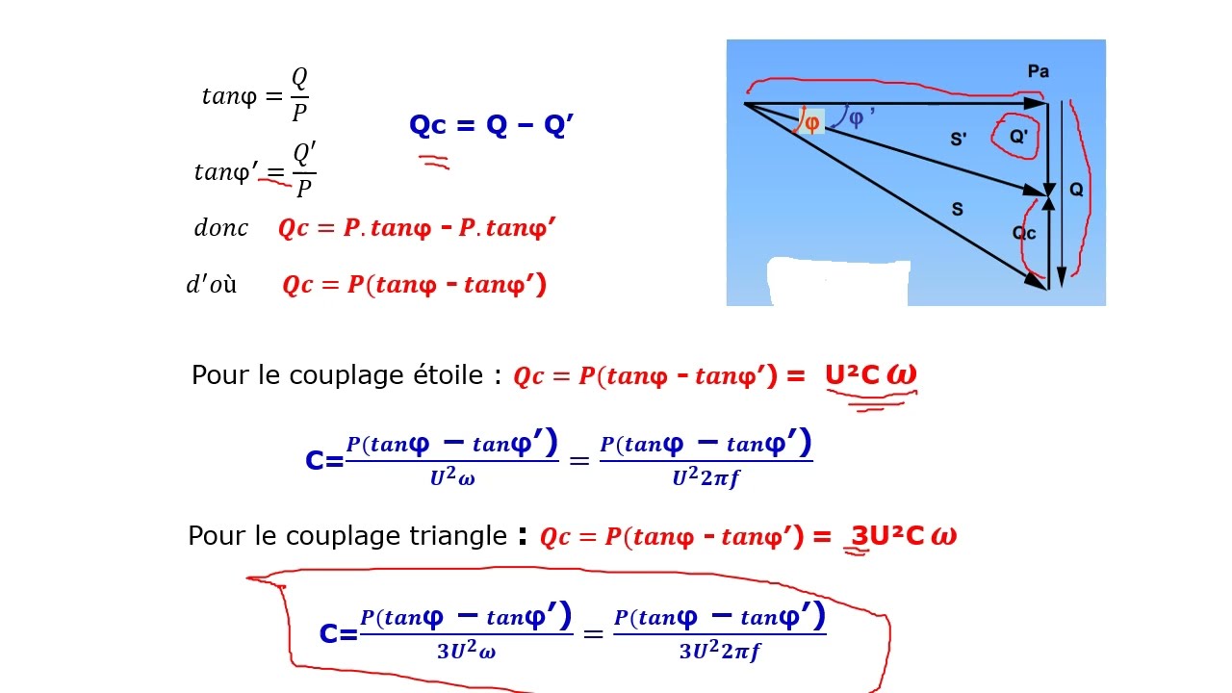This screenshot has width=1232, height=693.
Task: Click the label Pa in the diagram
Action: [x=1039, y=71]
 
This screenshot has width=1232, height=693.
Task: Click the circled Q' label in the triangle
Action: [x=1018, y=136]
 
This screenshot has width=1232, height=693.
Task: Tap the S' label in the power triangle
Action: [x=958, y=140]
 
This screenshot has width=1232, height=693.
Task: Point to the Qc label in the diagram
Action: [x=1023, y=233]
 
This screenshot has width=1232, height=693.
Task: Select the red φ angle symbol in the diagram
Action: [x=811, y=122]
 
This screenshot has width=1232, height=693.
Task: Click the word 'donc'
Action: [x=221, y=228]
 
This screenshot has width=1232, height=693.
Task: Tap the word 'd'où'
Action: [x=212, y=284]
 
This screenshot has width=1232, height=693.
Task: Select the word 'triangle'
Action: [x=457, y=536]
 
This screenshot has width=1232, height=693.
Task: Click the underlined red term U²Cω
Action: [x=871, y=375]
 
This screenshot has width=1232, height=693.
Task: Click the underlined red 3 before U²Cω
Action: [x=860, y=536]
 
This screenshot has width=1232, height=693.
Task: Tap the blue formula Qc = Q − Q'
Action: [x=491, y=125]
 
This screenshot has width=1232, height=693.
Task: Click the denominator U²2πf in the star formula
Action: [x=706, y=476]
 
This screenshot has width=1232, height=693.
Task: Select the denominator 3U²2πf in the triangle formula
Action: [x=720, y=651]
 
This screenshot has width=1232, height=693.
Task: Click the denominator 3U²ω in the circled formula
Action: [x=467, y=651]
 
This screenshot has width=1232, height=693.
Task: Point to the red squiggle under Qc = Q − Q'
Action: [x=434, y=162]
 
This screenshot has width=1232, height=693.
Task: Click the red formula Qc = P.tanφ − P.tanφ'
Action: [x=417, y=228]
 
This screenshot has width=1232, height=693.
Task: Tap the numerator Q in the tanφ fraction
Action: [x=299, y=78]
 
